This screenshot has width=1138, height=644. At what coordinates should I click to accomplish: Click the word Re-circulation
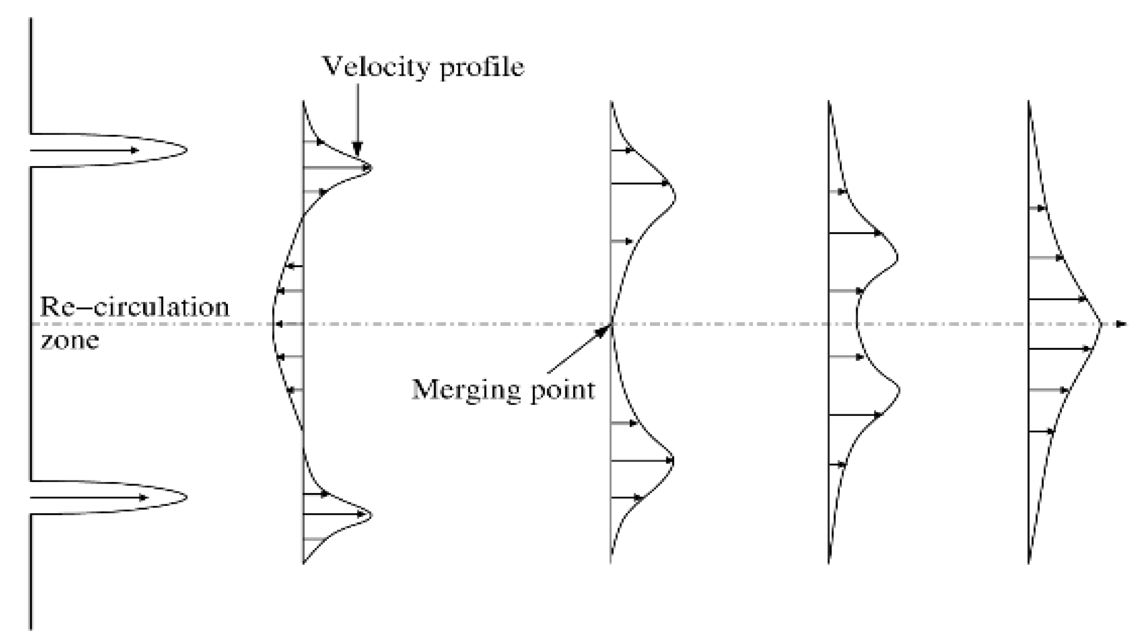coord(135,307)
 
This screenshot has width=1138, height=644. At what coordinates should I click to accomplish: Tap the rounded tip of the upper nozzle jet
coord(186,150)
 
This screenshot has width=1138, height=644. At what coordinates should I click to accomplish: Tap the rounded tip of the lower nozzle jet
coord(186,497)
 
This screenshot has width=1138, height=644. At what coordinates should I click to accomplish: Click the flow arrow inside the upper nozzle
coord(85,150)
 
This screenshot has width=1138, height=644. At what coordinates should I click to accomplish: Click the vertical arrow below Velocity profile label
coord(358,119)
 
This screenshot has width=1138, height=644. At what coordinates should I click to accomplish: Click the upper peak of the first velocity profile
coord(371,168)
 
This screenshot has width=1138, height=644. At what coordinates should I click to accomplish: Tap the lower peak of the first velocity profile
coord(371,514)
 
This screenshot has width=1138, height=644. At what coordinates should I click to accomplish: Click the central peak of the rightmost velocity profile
coord(1101,323)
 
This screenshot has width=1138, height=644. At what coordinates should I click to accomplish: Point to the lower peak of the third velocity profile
coord(899,391)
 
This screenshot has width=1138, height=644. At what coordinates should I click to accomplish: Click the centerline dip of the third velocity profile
coord(856,323)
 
